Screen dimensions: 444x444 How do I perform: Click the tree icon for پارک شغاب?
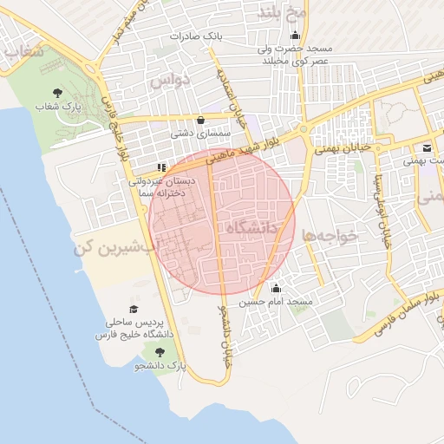[57, 92]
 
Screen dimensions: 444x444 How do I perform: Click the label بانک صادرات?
[197, 36]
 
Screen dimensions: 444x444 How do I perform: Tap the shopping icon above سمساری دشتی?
[201, 120]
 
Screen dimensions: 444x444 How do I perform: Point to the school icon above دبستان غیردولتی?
[160, 166]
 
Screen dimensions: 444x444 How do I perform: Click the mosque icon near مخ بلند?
[297, 36]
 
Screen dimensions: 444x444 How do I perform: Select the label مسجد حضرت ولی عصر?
[297, 55]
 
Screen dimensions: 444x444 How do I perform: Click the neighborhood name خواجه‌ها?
[330, 234]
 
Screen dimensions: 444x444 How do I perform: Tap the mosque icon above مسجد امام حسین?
[276, 288]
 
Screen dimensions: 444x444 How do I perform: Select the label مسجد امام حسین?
[276, 302]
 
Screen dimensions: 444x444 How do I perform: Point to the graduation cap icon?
[134, 309]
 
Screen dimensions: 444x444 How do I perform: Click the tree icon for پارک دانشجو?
[159, 352]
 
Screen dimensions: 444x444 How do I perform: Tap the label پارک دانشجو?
[160, 367]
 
